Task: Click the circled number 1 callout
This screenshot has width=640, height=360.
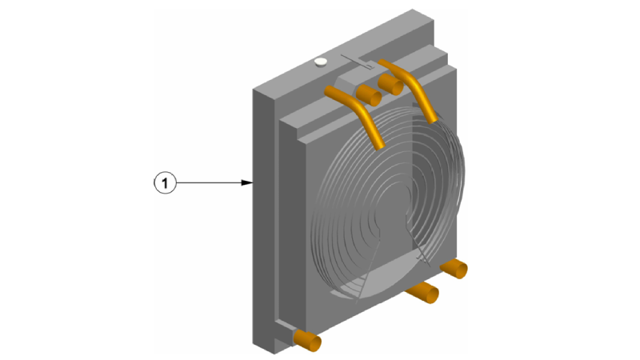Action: pos(165,182)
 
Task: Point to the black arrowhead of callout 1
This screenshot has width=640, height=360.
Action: pos(247,182)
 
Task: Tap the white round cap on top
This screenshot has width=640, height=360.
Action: pos(321,62)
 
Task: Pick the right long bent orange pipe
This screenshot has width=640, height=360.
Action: pos(408,89)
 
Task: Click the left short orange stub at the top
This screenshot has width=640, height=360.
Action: pos(369,95)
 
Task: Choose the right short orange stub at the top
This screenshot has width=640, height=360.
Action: pos(390,85)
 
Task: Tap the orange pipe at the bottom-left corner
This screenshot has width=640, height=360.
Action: pos(307,341)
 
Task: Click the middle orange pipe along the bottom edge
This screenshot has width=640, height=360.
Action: pos(423,292)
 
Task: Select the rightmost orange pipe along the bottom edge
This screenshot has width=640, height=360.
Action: pos(454,268)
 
